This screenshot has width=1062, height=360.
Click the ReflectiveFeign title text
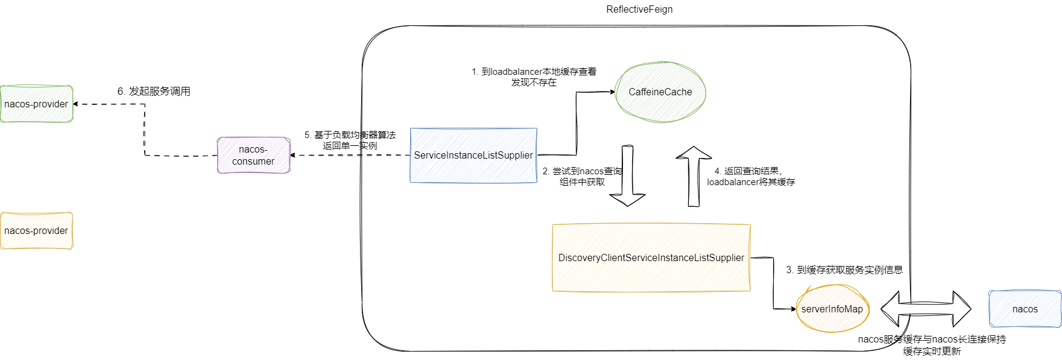[x=639, y=10]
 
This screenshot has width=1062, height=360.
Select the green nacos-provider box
[x=36, y=104]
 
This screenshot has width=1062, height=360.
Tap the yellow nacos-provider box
[x=36, y=230]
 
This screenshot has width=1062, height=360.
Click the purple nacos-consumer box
[x=253, y=155]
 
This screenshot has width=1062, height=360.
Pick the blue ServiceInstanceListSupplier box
[x=473, y=155]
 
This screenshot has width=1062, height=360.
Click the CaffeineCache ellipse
[x=660, y=92]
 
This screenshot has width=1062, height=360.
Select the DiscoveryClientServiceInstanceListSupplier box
[x=651, y=257]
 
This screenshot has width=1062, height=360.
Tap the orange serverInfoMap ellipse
[x=832, y=309]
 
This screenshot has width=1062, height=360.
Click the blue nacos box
[x=1025, y=309]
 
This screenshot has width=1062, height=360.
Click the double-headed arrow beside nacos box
[x=926, y=309]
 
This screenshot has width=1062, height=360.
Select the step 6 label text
[x=154, y=91]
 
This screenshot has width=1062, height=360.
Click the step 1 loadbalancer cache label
[x=534, y=77]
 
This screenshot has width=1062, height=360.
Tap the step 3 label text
[x=844, y=270]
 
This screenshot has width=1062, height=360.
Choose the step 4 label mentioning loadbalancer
[x=751, y=176]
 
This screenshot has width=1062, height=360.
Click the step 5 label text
[x=350, y=140]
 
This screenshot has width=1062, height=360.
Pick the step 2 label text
[x=582, y=176]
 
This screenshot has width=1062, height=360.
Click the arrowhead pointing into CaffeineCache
[x=612, y=92]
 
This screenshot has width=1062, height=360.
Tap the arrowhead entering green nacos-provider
[x=76, y=104]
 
